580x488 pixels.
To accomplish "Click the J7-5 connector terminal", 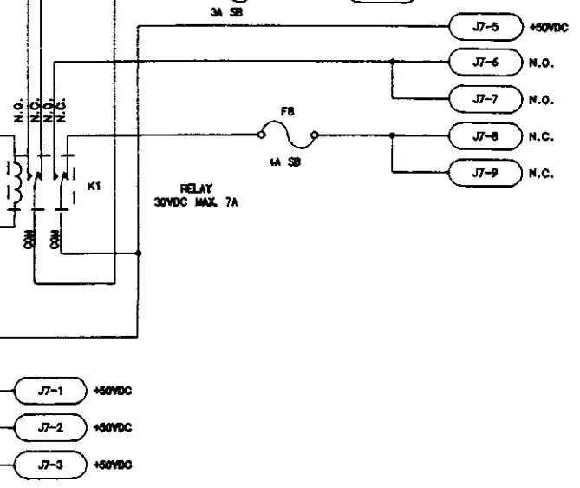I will coord(485,26).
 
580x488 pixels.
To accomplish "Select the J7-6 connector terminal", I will coord(485,63).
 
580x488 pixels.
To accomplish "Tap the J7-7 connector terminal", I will coord(485,99).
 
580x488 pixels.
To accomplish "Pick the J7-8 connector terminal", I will coord(485,135).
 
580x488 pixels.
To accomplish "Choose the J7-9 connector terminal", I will coord(485,173).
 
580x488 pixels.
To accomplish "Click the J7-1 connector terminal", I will coord(50,392).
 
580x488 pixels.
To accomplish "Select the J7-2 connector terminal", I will coord(50,428).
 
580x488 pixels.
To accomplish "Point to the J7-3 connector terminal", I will coord(50,465).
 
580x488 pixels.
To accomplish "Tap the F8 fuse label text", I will coord(287,111).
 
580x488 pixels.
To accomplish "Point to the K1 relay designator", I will coord(95,185).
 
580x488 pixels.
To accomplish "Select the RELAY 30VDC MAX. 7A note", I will coord(196,195).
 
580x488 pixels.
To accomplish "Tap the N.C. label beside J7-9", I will coord(540,174).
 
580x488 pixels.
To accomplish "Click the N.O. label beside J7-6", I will coord(540,63).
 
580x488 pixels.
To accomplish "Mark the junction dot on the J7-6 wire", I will coord(392,62).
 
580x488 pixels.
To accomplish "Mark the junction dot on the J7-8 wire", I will coord(392,135).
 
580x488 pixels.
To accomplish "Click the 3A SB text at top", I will coord(225,12).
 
